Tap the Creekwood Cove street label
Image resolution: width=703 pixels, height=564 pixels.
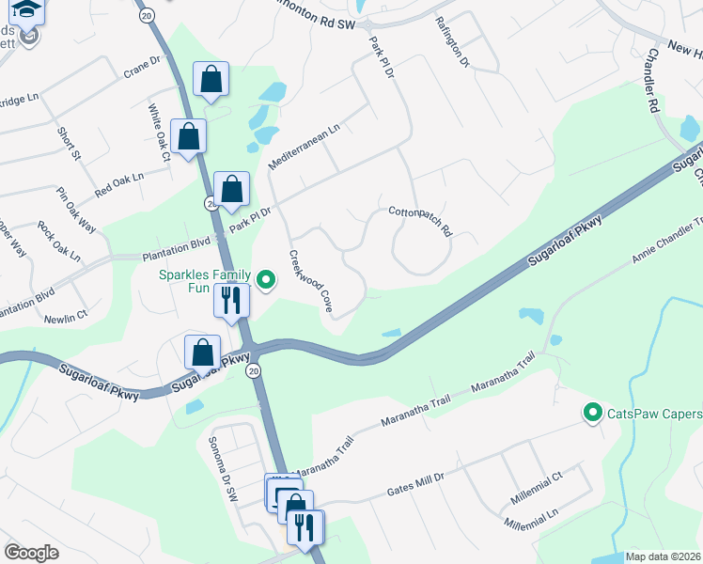[310, 281]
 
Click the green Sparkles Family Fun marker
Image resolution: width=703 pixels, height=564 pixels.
[266, 279]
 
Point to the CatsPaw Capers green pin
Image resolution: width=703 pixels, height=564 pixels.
[592, 413]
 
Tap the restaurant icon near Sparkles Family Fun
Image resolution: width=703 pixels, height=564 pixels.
[230, 301]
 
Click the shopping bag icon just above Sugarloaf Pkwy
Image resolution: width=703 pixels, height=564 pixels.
[203, 353]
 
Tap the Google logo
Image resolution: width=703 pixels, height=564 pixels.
[31, 553]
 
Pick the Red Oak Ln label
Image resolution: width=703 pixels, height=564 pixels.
[118, 184]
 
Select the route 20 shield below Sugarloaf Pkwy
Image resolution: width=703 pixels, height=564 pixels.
[253, 371]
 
